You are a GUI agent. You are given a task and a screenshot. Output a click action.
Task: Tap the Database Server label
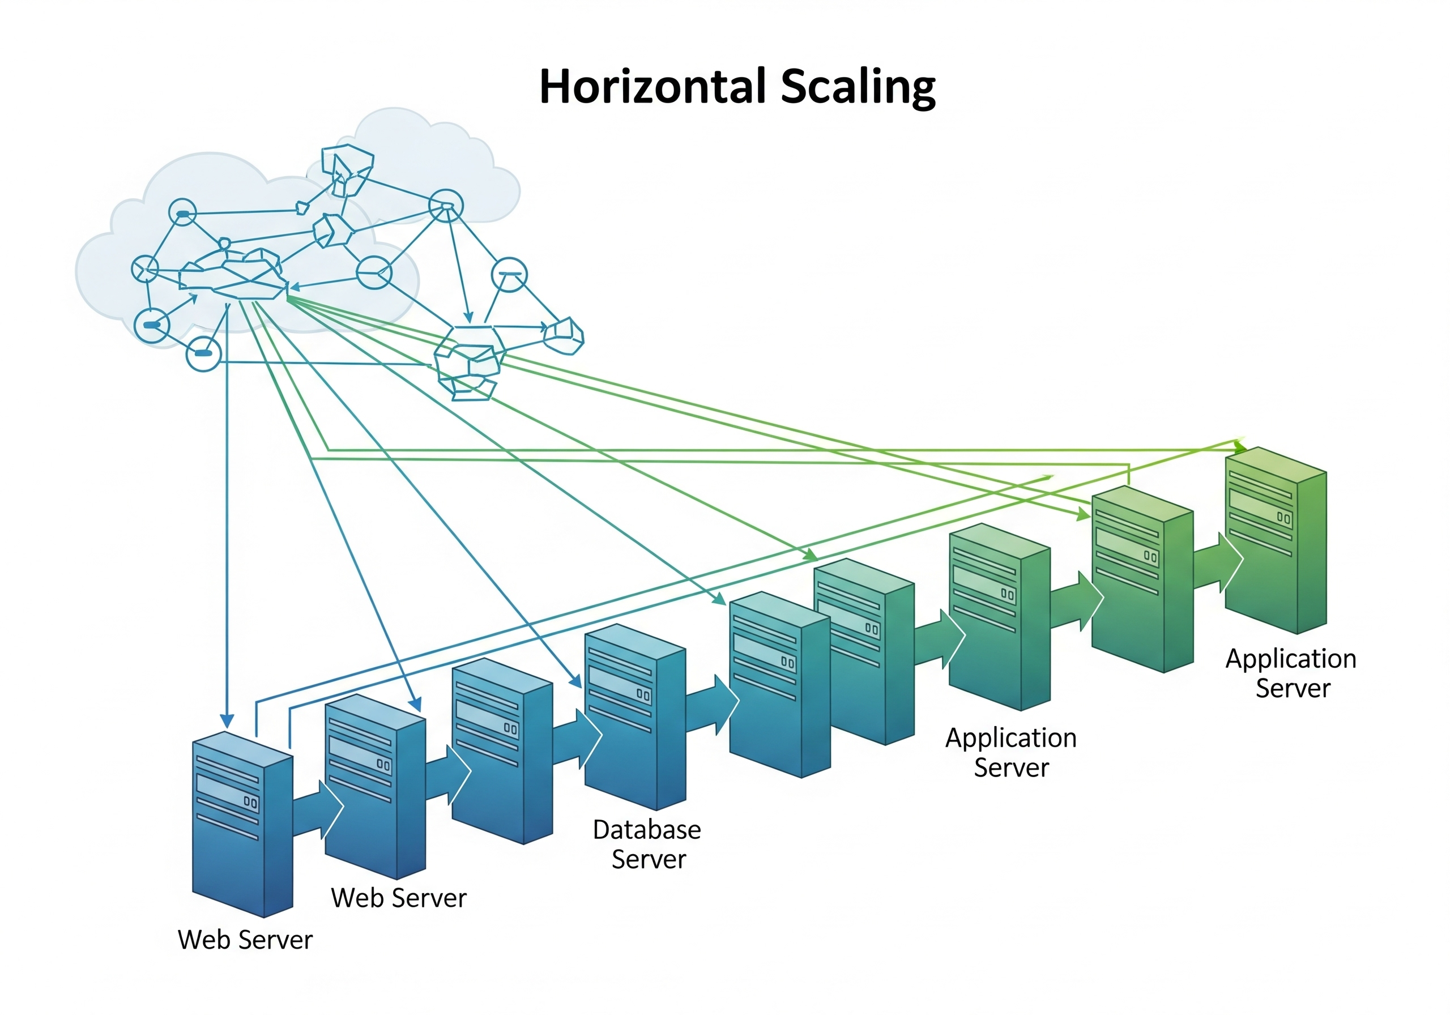coord(647,844)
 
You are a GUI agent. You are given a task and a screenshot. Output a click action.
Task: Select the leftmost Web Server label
coord(245,939)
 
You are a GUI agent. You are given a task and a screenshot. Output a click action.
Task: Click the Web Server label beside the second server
coord(399,898)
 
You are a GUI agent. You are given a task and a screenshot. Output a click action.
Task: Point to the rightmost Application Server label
coord(1291,673)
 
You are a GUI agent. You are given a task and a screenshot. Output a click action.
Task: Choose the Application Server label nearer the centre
coord(1010,752)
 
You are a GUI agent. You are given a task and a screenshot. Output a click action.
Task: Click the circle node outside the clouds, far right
coord(509,275)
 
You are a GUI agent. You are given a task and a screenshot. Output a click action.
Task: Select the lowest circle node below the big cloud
coord(203,353)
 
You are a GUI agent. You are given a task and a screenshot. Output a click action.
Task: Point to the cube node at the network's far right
coord(564,335)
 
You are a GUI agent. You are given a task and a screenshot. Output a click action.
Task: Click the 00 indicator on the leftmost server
coord(250,802)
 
